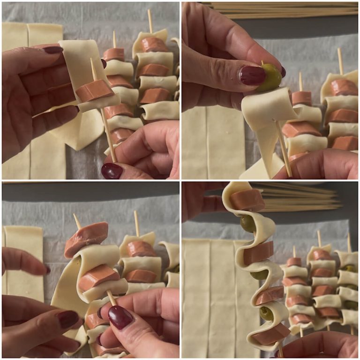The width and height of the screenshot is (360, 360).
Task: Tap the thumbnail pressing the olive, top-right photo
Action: (x=253, y=75)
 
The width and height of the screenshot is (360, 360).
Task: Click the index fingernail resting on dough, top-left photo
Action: (x=52, y=49)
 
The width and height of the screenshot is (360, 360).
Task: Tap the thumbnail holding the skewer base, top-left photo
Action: (x=112, y=171)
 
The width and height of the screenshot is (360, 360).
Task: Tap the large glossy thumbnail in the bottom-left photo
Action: (x=120, y=317)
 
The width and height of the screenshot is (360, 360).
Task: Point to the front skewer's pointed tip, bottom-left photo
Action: (x=75, y=217)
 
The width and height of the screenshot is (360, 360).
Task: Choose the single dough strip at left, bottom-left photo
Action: (x=23, y=262)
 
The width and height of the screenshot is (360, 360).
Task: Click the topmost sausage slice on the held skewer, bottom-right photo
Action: (x=247, y=200)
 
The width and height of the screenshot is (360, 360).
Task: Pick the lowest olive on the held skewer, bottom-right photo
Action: (x=266, y=313)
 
